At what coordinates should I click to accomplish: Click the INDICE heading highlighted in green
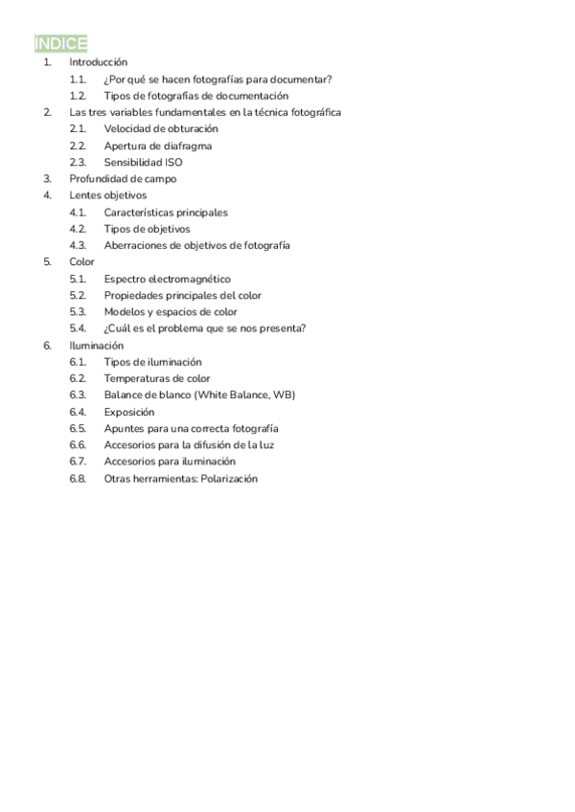click(x=61, y=44)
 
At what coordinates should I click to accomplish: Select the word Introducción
click(x=99, y=62)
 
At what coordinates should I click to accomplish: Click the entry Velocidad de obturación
click(x=161, y=128)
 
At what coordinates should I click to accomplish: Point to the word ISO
click(x=172, y=162)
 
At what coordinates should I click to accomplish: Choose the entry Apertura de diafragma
click(x=158, y=146)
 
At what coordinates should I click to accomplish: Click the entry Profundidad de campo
click(x=123, y=179)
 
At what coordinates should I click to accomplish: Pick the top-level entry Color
click(x=82, y=261)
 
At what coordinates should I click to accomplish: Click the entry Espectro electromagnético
click(x=167, y=279)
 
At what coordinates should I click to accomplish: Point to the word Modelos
click(x=125, y=312)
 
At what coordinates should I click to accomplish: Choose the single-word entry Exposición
click(x=129, y=412)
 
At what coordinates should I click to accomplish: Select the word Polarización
click(x=228, y=479)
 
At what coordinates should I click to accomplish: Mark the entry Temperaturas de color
click(x=157, y=378)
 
